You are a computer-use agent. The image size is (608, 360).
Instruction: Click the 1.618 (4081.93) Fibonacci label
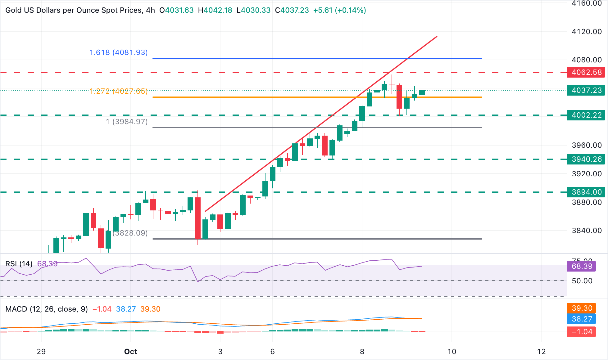coord(118,52)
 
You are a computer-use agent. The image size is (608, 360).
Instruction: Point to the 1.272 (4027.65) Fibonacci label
coord(118,91)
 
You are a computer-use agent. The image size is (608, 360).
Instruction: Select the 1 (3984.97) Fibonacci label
coord(127,122)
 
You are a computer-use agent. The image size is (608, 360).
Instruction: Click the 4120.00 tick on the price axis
coord(587,32)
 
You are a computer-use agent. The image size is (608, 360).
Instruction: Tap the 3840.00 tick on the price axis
coord(587,231)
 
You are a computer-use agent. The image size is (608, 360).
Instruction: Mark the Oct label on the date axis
coord(130,352)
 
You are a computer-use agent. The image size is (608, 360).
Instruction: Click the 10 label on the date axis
coord(452,352)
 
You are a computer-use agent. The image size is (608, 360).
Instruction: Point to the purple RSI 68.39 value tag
coord(581,266)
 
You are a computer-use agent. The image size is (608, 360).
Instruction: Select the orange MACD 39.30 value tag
coord(581,308)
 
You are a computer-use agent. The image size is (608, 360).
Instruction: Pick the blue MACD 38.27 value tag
coord(581,319)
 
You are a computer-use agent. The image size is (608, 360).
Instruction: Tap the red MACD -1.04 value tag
coord(581,332)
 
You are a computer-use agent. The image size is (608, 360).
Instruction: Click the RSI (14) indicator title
coord(19,264)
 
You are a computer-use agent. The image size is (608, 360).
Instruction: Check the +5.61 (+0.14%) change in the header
coord(339,10)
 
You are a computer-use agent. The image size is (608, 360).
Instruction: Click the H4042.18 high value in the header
coord(215,10)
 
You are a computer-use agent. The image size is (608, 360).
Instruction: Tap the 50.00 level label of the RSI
coord(582,281)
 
